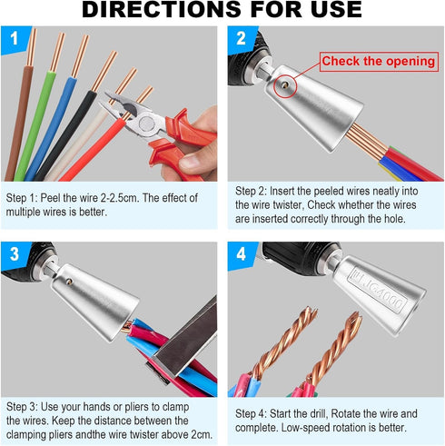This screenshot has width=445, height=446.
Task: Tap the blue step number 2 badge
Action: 241,38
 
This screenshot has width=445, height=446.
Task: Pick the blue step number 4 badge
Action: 241,255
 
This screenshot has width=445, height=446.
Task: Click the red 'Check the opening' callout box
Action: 378,61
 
